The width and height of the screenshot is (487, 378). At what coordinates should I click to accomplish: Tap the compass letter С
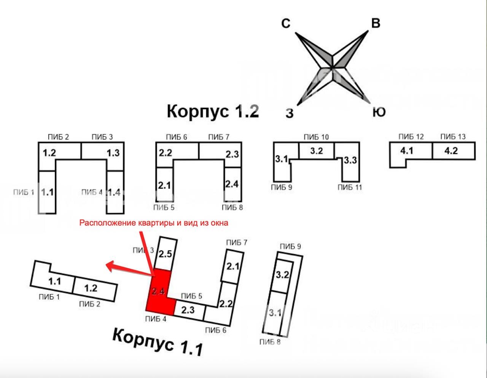click(x=286, y=24)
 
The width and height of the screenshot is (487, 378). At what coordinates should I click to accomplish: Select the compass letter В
click(x=375, y=24)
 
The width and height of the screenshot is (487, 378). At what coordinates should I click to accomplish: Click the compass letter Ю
click(x=379, y=112)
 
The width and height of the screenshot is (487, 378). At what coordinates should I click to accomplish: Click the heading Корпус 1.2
click(x=213, y=111)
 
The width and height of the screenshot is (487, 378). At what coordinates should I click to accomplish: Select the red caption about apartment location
click(x=154, y=223)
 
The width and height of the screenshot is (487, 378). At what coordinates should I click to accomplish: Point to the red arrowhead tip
click(x=107, y=265)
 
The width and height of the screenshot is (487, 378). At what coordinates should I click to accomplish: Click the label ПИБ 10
click(x=316, y=137)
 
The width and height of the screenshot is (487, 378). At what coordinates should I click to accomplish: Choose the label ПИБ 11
click(x=350, y=187)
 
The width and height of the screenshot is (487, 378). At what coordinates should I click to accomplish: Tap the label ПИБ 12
click(x=411, y=137)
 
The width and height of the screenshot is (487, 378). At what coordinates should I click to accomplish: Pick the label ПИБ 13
click(x=453, y=137)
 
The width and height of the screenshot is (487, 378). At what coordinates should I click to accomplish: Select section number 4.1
click(x=406, y=151)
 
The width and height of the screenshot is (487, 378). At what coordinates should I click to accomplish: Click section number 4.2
click(x=451, y=151)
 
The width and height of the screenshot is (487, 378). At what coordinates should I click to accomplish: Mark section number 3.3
click(x=350, y=160)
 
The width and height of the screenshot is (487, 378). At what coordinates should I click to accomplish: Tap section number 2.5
click(x=166, y=254)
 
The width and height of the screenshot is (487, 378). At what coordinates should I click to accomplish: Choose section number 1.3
click(x=113, y=153)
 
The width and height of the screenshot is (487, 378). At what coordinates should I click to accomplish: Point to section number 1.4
click(x=114, y=193)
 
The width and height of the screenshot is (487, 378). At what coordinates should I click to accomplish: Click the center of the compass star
click(x=333, y=67)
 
